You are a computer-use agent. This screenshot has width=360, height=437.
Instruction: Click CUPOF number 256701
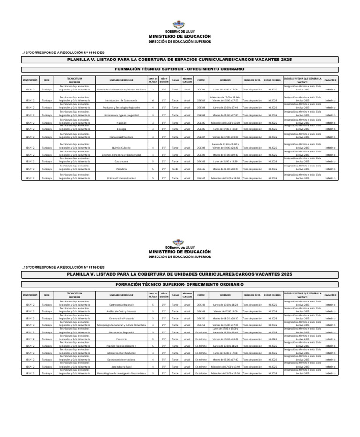(201, 89)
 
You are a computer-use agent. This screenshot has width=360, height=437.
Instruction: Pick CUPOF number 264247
(201, 178)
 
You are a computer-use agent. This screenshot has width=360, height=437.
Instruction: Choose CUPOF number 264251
(201, 325)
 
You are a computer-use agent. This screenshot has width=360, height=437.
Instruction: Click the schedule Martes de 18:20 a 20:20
(225, 318)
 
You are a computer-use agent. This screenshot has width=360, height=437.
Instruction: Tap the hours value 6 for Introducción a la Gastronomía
(153, 100)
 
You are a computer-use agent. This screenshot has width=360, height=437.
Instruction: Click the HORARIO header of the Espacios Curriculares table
(225, 80)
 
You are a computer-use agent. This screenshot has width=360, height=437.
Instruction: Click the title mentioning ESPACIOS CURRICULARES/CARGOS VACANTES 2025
(180, 60)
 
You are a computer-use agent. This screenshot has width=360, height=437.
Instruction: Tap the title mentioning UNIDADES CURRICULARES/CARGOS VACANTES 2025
(180, 274)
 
